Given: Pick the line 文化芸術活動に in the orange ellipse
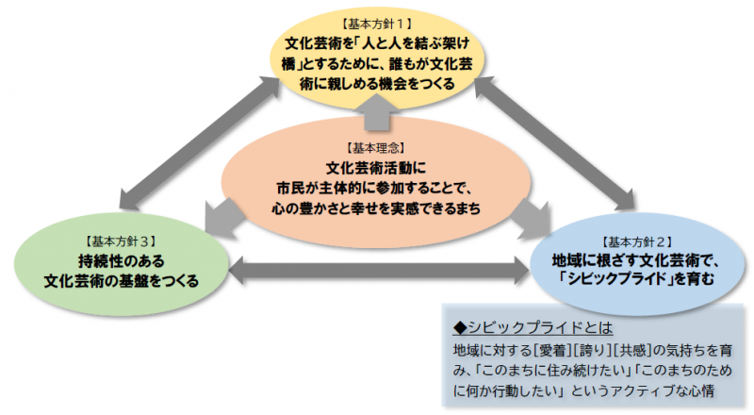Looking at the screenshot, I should pos(377,168).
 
